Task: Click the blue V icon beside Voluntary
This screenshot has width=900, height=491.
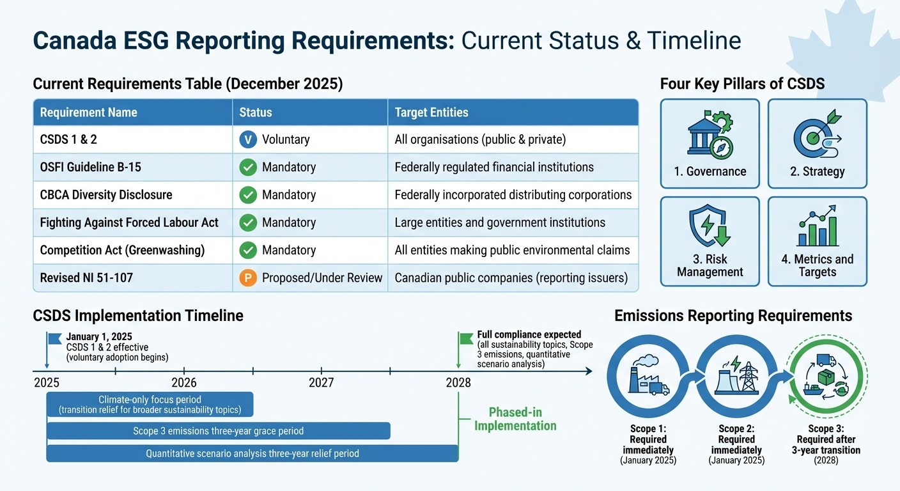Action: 247,139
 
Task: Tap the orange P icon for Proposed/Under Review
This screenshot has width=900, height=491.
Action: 247,278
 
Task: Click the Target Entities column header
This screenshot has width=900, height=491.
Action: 431,113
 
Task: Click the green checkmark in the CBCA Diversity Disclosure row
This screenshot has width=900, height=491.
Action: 247,195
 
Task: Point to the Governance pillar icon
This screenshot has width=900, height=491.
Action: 710,135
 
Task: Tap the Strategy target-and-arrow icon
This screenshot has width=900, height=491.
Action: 816,135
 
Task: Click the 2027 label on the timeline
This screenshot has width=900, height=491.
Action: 322,383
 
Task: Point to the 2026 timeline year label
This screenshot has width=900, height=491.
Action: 184,383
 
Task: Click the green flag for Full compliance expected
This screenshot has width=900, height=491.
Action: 467,338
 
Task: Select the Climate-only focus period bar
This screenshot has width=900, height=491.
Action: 150,405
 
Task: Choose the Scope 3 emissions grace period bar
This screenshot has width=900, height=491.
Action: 218,431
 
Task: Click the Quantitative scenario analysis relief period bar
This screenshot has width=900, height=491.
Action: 252,453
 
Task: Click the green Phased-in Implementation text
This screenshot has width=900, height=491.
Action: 515,419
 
